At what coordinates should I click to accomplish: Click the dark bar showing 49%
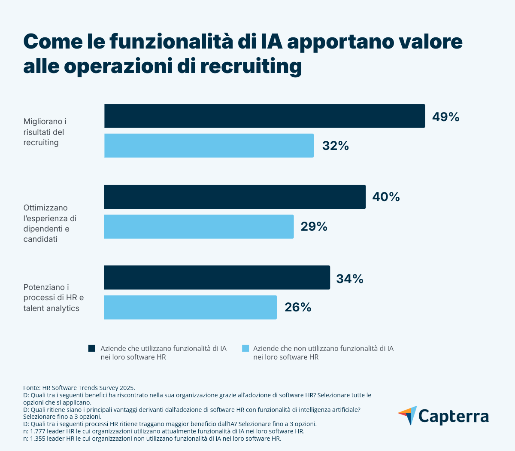pyautogui.click(x=264, y=116)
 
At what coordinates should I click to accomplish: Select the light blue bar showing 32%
pyautogui.click(x=209, y=146)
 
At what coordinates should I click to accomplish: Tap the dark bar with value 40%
pyautogui.click(x=235, y=197)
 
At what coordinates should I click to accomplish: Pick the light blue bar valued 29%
pyautogui.click(x=199, y=226)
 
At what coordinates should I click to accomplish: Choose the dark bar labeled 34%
pyautogui.click(x=217, y=277)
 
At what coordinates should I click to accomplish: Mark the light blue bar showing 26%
pyautogui.click(x=190, y=307)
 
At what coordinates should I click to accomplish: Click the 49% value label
pyautogui.click(x=445, y=117)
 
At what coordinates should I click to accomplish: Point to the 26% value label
pyautogui.click(x=298, y=307)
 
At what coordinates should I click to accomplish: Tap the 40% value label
pyautogui.click(x=386, y=197)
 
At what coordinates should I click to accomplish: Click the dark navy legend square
pyautogui.click(x=92, y=348)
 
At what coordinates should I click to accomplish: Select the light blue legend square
pyautogui.click(x=245, y=348)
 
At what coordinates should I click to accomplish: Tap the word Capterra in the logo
pyautogui.click(x=453, y=417)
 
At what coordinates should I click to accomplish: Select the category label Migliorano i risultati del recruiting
pyautogui.click(x=45, y=132)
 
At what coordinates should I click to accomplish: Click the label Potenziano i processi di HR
pyautogui.click(x=53, y=297)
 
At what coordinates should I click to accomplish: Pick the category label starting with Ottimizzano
pyautogui.click(x=50, y=223)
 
